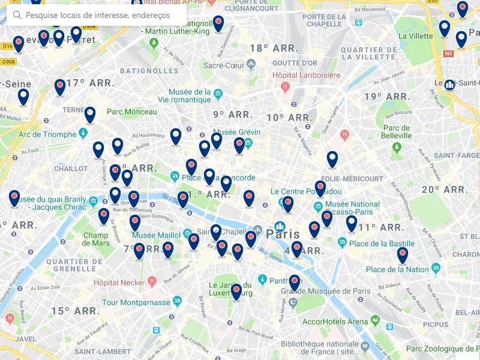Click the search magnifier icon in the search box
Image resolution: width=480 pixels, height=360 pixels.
point(17,15)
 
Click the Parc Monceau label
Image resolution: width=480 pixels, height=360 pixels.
point(131,112)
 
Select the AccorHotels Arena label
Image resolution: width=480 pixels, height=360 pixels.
point(335,321)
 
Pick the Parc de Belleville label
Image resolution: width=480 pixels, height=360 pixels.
point(397,132)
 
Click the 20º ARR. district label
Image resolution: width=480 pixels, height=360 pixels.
point(445,190)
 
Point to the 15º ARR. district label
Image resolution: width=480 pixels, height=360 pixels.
point(75,311)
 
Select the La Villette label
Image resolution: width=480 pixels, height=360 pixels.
point(415,36)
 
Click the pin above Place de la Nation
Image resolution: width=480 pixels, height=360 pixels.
point(402,254)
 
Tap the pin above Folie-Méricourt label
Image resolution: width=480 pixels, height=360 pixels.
point(332,158)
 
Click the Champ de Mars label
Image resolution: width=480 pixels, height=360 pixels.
point(96,239)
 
